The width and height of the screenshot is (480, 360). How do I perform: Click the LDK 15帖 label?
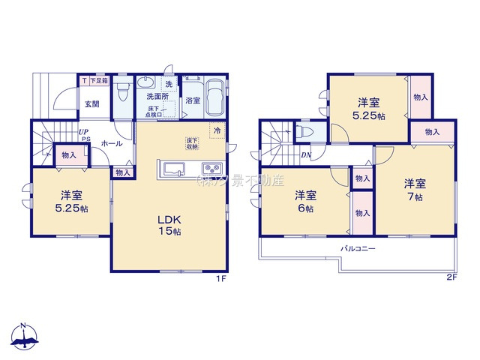click(x=169, y=225)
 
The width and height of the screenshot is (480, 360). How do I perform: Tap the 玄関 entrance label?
click(x=91, y=103)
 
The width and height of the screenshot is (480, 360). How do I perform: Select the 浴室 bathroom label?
click(x=193, y=100)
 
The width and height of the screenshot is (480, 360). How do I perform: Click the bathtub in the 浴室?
click(x=215, y=97)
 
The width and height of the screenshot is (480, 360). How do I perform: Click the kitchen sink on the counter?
click(x=172, y=167)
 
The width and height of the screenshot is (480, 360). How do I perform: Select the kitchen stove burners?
click(x=209, y=167)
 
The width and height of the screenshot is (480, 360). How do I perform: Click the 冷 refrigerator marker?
click(x=217, y=130)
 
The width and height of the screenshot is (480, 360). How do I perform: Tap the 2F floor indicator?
click(x=451, y=277)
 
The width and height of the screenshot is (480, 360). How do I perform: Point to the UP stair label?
click(x=84, y=132)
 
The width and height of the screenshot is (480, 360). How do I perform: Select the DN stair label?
click(x=306, y=155)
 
